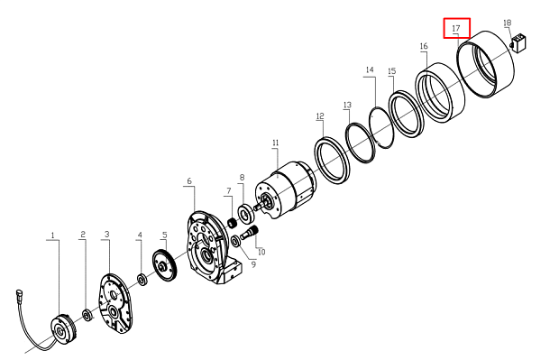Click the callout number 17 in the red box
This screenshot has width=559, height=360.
tap(456, 28)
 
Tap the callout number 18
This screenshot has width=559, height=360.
tap(507, 23)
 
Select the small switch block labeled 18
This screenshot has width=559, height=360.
tap(519, 42)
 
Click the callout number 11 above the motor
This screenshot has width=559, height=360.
tap(275, 143)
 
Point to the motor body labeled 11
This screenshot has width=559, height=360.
tap(285, 189)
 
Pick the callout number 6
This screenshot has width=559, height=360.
tap(189, 180)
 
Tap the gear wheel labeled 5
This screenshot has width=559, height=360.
tap(165, 265)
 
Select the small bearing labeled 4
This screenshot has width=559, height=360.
tap(142, 280)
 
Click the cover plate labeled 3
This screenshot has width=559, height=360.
tap(115, 304)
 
